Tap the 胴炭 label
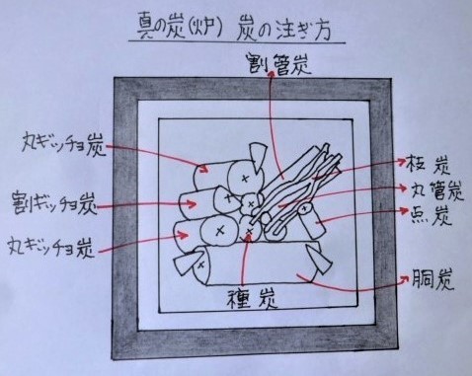[x=431, y=282]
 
